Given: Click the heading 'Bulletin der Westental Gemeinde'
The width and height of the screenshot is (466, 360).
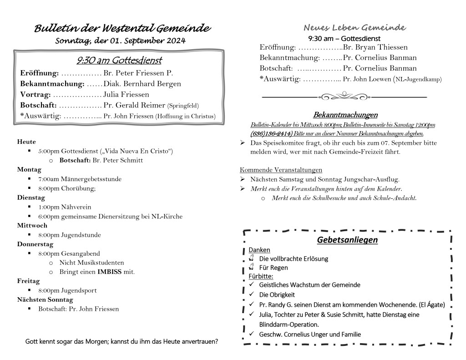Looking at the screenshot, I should click(122, 29).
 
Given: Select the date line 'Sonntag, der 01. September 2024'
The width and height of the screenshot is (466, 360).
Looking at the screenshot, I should click(120, 41).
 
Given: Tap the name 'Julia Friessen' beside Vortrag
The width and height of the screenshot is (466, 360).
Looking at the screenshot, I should click(126, 95).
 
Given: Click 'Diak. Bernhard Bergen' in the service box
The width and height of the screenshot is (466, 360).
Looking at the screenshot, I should click(142, 84).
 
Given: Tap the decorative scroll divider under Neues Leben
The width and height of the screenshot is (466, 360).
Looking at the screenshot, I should click(344, 96).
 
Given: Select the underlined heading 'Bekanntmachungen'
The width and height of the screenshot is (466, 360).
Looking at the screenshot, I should click(345, 115).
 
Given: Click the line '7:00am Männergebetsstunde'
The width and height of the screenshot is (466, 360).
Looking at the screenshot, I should click(80, 179).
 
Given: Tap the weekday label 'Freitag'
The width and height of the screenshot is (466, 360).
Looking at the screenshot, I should click(28, 281).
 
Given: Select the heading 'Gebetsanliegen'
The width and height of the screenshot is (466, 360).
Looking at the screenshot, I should click(347, 240).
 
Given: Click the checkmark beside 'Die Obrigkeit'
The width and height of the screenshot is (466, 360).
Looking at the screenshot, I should click(251, 294).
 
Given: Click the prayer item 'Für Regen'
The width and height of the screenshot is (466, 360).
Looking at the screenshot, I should click(273, 268).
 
